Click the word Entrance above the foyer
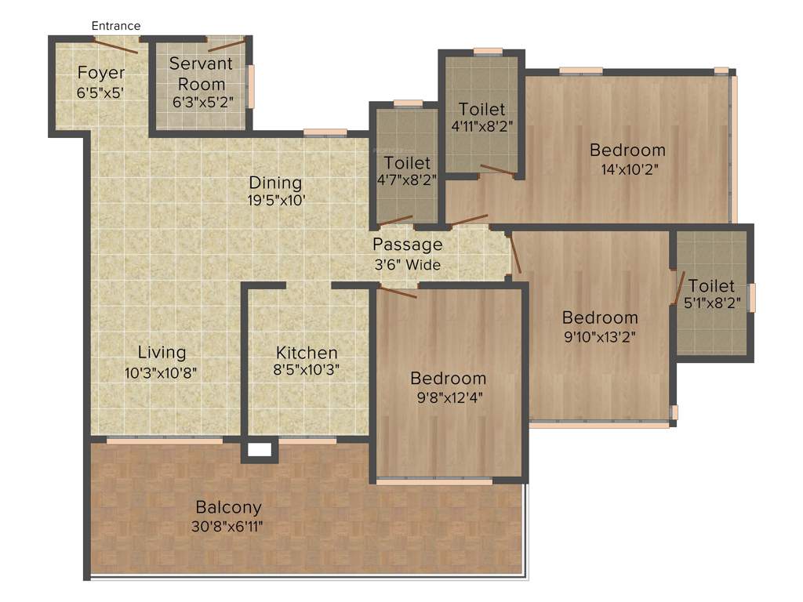coord(116,26)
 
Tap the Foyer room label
coord(101,73)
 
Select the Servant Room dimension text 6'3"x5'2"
coord(202,101)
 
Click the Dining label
coord(275,183)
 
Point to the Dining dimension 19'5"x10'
coord(275,200)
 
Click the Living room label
coord(162,352)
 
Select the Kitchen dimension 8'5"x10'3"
coord(307,370)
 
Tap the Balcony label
coord(229,506)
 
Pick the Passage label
coord(407,244)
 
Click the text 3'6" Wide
coord(407,265)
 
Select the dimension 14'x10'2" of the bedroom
coord(627,170)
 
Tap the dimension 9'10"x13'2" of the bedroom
coord(599,338)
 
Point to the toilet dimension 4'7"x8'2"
coord(407,179)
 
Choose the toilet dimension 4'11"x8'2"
coord(481,125)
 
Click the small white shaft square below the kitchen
coord(260,451)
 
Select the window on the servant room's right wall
coord(251,86)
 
